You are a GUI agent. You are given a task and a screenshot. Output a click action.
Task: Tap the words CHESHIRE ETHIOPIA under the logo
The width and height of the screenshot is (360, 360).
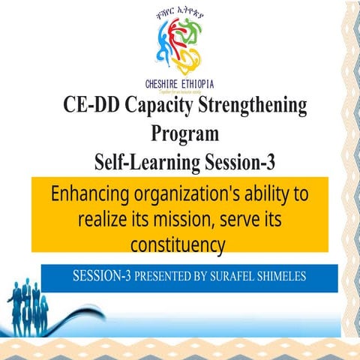(x=179, y=83)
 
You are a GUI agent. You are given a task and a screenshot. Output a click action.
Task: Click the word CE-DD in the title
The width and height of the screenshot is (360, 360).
(x=89, y=106)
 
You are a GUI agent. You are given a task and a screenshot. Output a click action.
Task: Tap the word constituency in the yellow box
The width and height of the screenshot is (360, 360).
(x=178, y=244)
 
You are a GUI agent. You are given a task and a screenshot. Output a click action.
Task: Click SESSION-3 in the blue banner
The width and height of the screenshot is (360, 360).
(x=102, y=276)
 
